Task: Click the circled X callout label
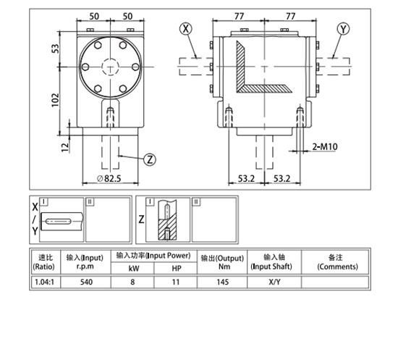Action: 187,30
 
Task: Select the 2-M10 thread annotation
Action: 324,146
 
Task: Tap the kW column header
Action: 133,268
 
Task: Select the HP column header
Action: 176,268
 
